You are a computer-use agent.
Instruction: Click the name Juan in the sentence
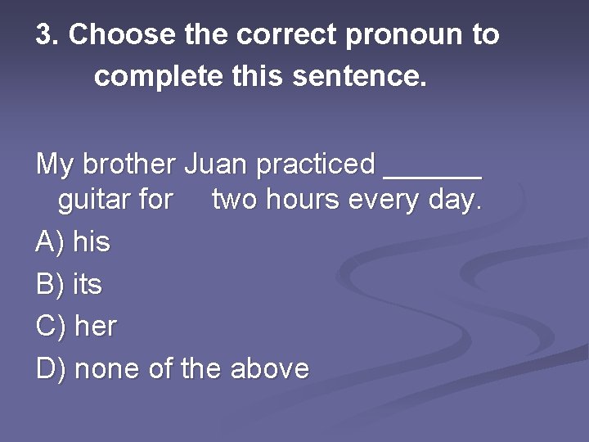pos(215,164)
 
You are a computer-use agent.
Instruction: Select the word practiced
pos(316,164)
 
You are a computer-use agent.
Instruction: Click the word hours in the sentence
pos(304,200)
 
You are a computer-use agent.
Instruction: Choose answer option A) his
pos(74,241)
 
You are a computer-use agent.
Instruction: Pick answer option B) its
pos(70,284)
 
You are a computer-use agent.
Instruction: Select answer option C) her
pos(77,327)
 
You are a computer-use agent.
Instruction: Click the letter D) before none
pos(51,368)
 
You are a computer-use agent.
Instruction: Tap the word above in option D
pos(270,368)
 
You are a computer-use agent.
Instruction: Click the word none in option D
pos(107,368)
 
